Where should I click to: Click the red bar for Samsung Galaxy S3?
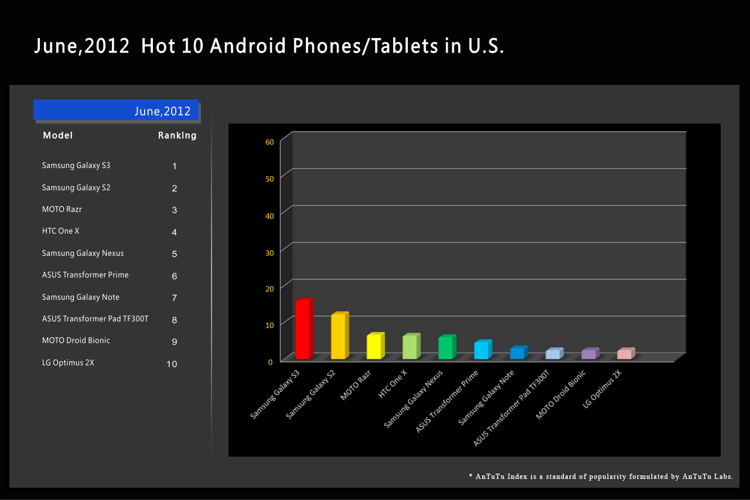[303, 329]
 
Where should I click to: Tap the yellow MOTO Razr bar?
[374, 347]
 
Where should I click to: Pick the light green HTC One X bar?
[410, 347]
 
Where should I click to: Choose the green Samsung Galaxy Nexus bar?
[446, 348]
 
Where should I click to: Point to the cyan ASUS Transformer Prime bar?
[482, 350]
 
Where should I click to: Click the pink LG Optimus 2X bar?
[625, 354]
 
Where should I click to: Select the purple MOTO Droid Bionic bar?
[589, 354]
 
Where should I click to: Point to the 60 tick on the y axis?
[270, 142]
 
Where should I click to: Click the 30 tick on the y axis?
[270, 252]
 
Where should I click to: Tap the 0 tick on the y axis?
[271, 362]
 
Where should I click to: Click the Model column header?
[58, 136]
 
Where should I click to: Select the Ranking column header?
[177, 136]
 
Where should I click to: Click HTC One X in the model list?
[60, 231]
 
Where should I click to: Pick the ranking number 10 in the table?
[172, 364]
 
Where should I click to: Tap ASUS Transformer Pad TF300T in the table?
[95, 319]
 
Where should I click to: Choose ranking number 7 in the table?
[174, 298]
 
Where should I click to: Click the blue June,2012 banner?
[116, 110]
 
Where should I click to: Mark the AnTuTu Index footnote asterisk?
[471, 477]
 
